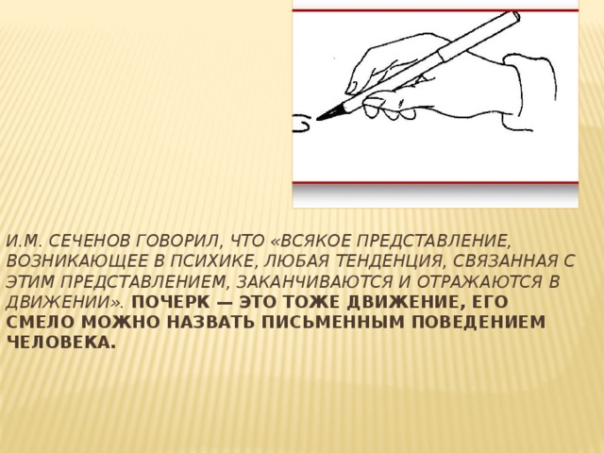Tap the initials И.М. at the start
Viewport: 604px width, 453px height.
tap(24, 241)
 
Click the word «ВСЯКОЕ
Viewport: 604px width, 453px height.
tap(312, 241)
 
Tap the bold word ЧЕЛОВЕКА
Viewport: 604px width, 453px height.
tap(60, 344)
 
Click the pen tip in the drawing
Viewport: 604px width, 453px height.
tap(319, 119)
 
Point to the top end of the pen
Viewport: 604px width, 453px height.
tap(516, 16)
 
